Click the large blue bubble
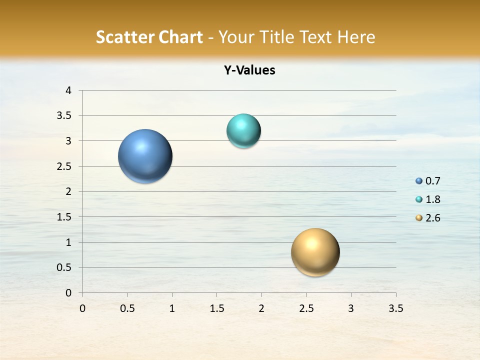pyautogui.click(x=145, y=156)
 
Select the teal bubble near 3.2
pyautogui.click(x=243, y=131)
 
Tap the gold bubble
pyautogui.click(x=315, y=252)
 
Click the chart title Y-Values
pyautogui.click(x=249, y=70)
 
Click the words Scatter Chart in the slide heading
pyautogui.click(x=149, y=37)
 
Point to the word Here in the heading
pyautogui.click(x=356, y=37)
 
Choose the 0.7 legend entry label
pyautogui.click(x=432, y=181)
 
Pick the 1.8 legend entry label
pyautogui.click(x=432, y=199)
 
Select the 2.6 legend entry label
pyautogui.click(x=432, y=218)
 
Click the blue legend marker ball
pyautogui.click(x=418, y=181)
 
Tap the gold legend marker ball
pyautogui.click(x=418, y=218)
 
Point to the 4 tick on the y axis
pyautogui.click(x=68, y=90)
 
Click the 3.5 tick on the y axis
pyautogui.click(x=64, y=116)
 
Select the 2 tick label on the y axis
pyautogui.click(x=68, y=191)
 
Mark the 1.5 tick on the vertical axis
pyautogui.click(x=64, y=217)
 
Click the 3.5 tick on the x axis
pyautogui.click(x=395, y=308)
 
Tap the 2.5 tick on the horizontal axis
pyautogui.click(x=306, y=308)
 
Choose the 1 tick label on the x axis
pyautogui.click(x=172, y=308)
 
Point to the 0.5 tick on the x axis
pyautogui.click(x=127, y=308)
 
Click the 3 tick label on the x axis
pyautogui.click(x=351, y=308)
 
